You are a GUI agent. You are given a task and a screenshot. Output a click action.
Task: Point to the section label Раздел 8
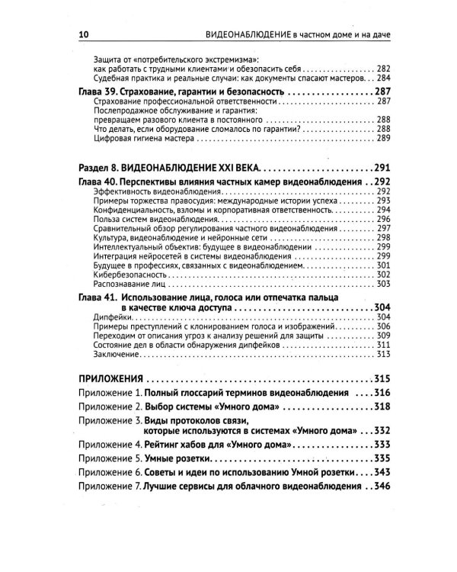(x=103, y=166)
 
